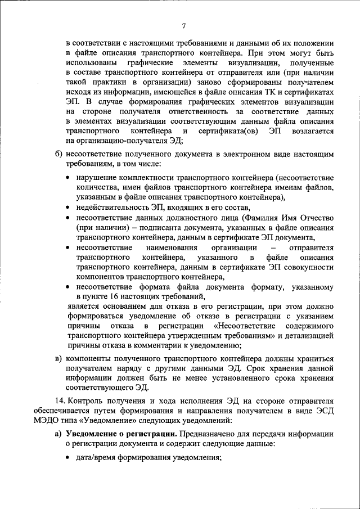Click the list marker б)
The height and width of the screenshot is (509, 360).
coord(58,154)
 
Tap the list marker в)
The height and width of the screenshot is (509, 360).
coord(58,359)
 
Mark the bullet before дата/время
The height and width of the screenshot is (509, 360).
coord(68,458)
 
